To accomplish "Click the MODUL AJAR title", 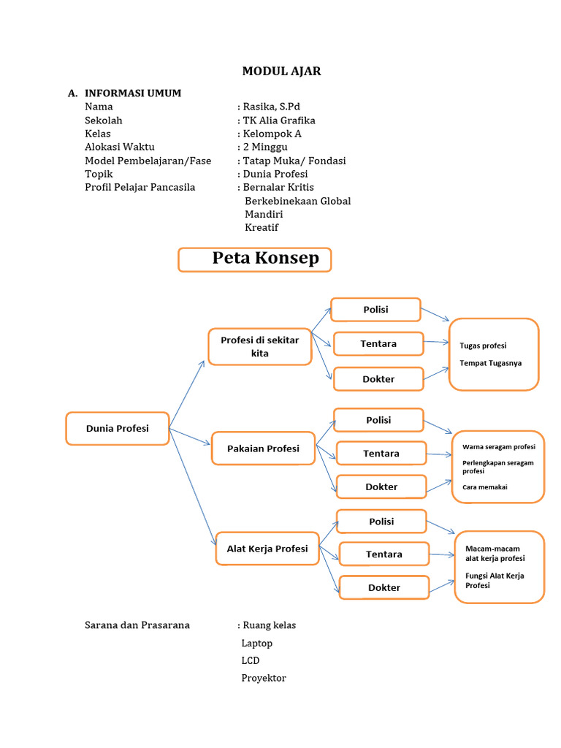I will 281,72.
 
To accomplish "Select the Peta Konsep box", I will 254,259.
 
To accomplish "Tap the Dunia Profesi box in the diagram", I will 118,429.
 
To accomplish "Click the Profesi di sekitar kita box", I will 259,346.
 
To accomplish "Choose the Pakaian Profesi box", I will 263,449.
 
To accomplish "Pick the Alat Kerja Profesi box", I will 267,549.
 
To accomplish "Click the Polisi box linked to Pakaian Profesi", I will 378,420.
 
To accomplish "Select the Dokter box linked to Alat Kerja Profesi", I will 383,587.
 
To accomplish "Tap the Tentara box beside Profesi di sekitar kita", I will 378,343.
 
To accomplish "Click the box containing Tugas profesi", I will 494,354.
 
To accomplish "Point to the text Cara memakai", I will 484,487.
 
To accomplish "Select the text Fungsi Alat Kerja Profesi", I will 495,581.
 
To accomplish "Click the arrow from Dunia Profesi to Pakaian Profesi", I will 190,438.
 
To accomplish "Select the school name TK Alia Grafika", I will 279,121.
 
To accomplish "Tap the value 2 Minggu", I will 265,147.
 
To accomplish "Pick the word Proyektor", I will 264,678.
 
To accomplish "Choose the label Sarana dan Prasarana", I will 137,625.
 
